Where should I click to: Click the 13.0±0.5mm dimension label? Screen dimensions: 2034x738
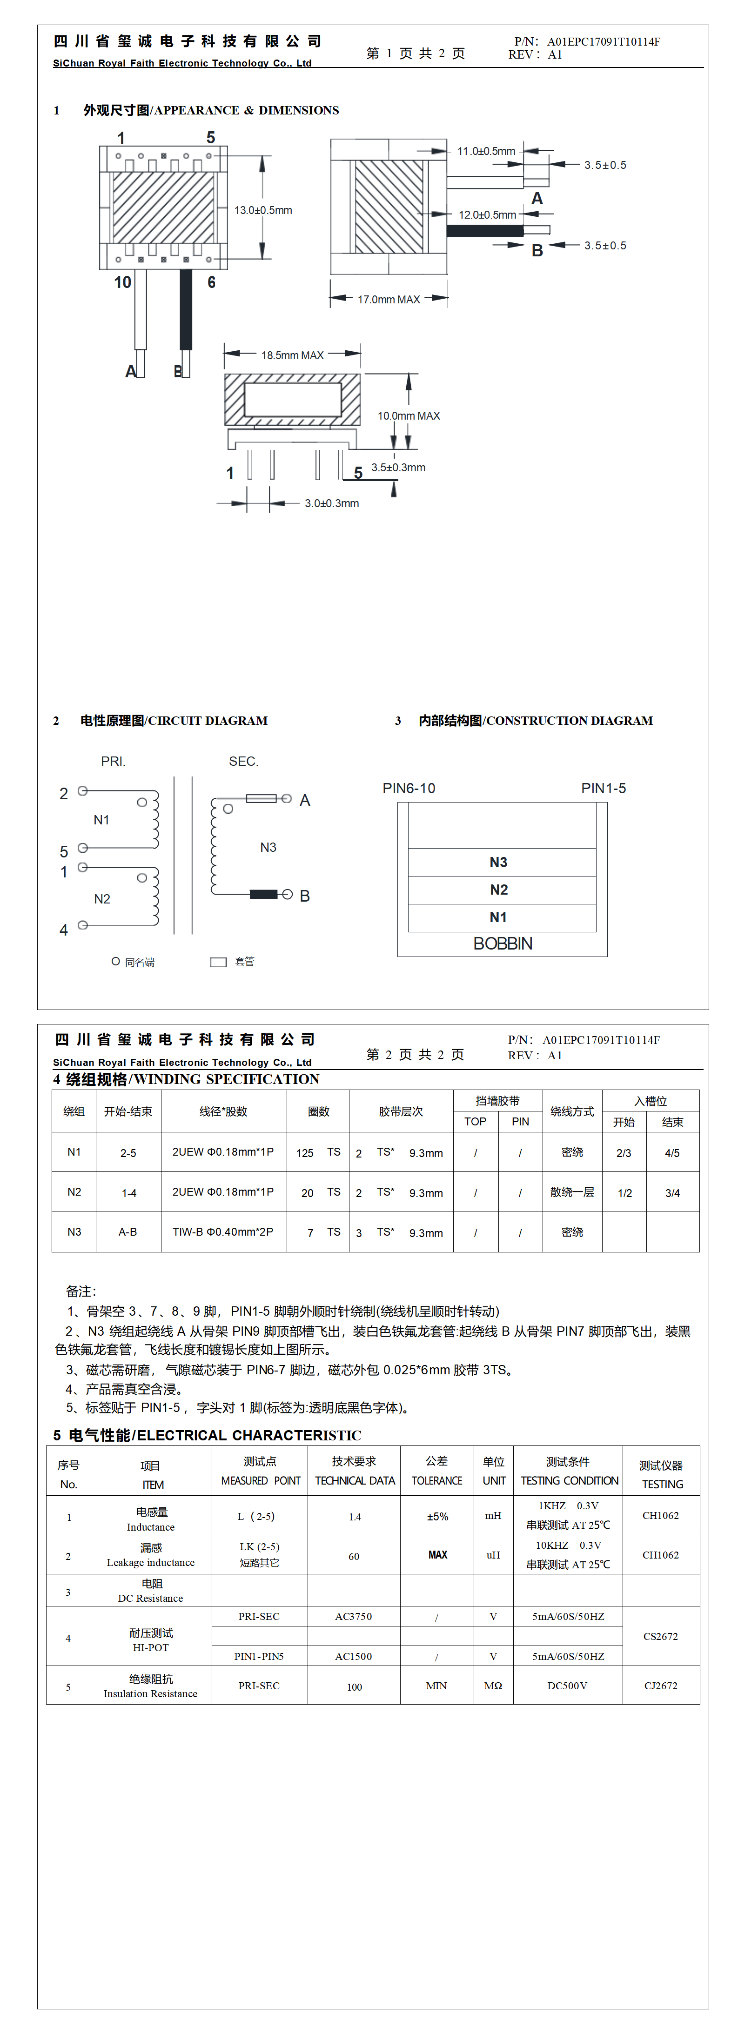pyautogui.click(x=263, y=210)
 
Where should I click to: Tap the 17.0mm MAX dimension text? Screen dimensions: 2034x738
pyautogui.click(x=388, y=299)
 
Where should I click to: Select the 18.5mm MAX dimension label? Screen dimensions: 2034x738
pyautogui.click(x=292, y=355)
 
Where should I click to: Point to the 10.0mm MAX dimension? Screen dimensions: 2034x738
pyautogui.click(x=409, y=415)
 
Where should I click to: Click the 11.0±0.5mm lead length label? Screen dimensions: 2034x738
pyautogui.click(x=486, y=151)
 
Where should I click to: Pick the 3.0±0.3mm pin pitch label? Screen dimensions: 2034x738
pyautogui.click(x=332, y=503)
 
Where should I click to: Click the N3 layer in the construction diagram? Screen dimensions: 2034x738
pyautogui.click(x=498, y=862)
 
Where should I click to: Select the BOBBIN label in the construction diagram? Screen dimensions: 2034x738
pyautogui.click(x=503, y=943)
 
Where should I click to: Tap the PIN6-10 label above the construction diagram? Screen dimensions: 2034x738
pyautogui.click(x=409, y=788)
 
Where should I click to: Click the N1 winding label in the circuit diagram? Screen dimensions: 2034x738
pyautogui.click(x=101, y=820)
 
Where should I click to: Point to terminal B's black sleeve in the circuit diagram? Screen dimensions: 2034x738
pyautogui.click(x=263, y=894)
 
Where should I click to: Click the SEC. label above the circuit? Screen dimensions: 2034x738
pyautogui.click(x=243, y=761)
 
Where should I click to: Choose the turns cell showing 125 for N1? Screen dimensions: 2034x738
pyautogui.click(x=305, y=1153)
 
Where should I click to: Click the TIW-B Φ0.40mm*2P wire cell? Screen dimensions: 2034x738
pyautogui.click(x=223, y=1232)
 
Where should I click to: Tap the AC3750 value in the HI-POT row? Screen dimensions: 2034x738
pyautogui.click(x=353, y=1616)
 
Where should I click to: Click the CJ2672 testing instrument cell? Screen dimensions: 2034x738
pyautogui.click(x=661, y=1686)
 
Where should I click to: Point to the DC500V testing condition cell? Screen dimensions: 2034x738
pyautogui.click(x=567, y=1686)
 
